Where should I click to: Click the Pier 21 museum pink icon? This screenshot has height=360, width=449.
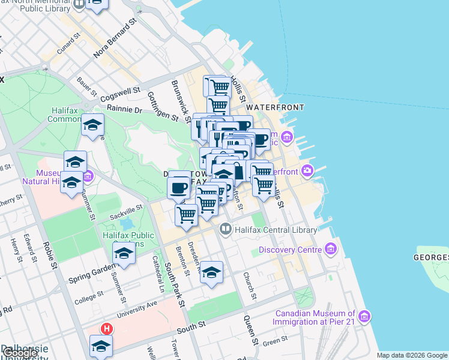(x=364, y=316)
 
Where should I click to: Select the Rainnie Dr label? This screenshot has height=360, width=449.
(x=125, y=110)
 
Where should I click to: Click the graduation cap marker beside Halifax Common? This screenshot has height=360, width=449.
(x=93, y=125)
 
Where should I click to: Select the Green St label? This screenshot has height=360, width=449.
(x=276, y=343)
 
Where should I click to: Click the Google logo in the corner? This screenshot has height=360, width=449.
(x=20, y=353)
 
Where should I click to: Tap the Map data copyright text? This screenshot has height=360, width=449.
(x=412, y=355)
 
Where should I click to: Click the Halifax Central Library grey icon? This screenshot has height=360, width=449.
(x=226, y=228)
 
